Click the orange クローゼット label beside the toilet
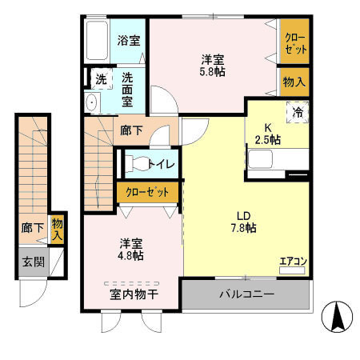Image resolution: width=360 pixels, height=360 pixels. click(147, 192)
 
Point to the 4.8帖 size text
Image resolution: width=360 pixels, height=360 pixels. click(133, 255)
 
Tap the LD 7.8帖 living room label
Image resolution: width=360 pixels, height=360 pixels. click(245, 222)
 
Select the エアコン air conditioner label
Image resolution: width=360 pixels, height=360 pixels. click(292, 260)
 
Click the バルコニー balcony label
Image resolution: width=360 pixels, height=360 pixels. click(247, 295)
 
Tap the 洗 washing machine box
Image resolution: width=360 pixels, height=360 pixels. click(101, 79)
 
